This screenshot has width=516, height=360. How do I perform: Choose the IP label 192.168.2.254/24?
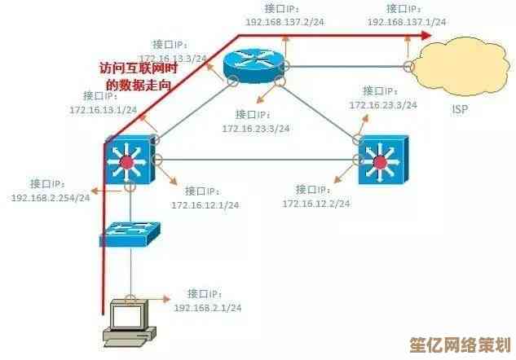51,198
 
